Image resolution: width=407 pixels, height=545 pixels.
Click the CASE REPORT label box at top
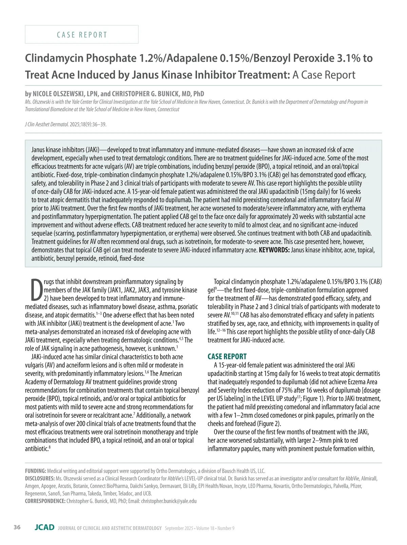coord(82,35)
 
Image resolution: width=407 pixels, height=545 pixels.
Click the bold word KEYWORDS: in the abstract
coord(274,250)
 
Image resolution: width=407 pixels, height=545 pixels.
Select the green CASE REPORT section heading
coord(227,356)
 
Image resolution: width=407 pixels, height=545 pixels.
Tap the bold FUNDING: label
coord(36,471)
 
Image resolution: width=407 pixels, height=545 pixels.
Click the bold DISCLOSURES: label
coord(40,478)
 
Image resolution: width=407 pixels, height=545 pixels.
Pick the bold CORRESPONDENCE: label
coord(45,501)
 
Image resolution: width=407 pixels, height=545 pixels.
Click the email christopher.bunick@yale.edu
coord(169,501)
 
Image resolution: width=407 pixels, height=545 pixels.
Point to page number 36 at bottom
coord(17,527)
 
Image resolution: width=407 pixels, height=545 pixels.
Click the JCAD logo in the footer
coord(44,527)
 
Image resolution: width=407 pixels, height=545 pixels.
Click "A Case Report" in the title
coord(324,75)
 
